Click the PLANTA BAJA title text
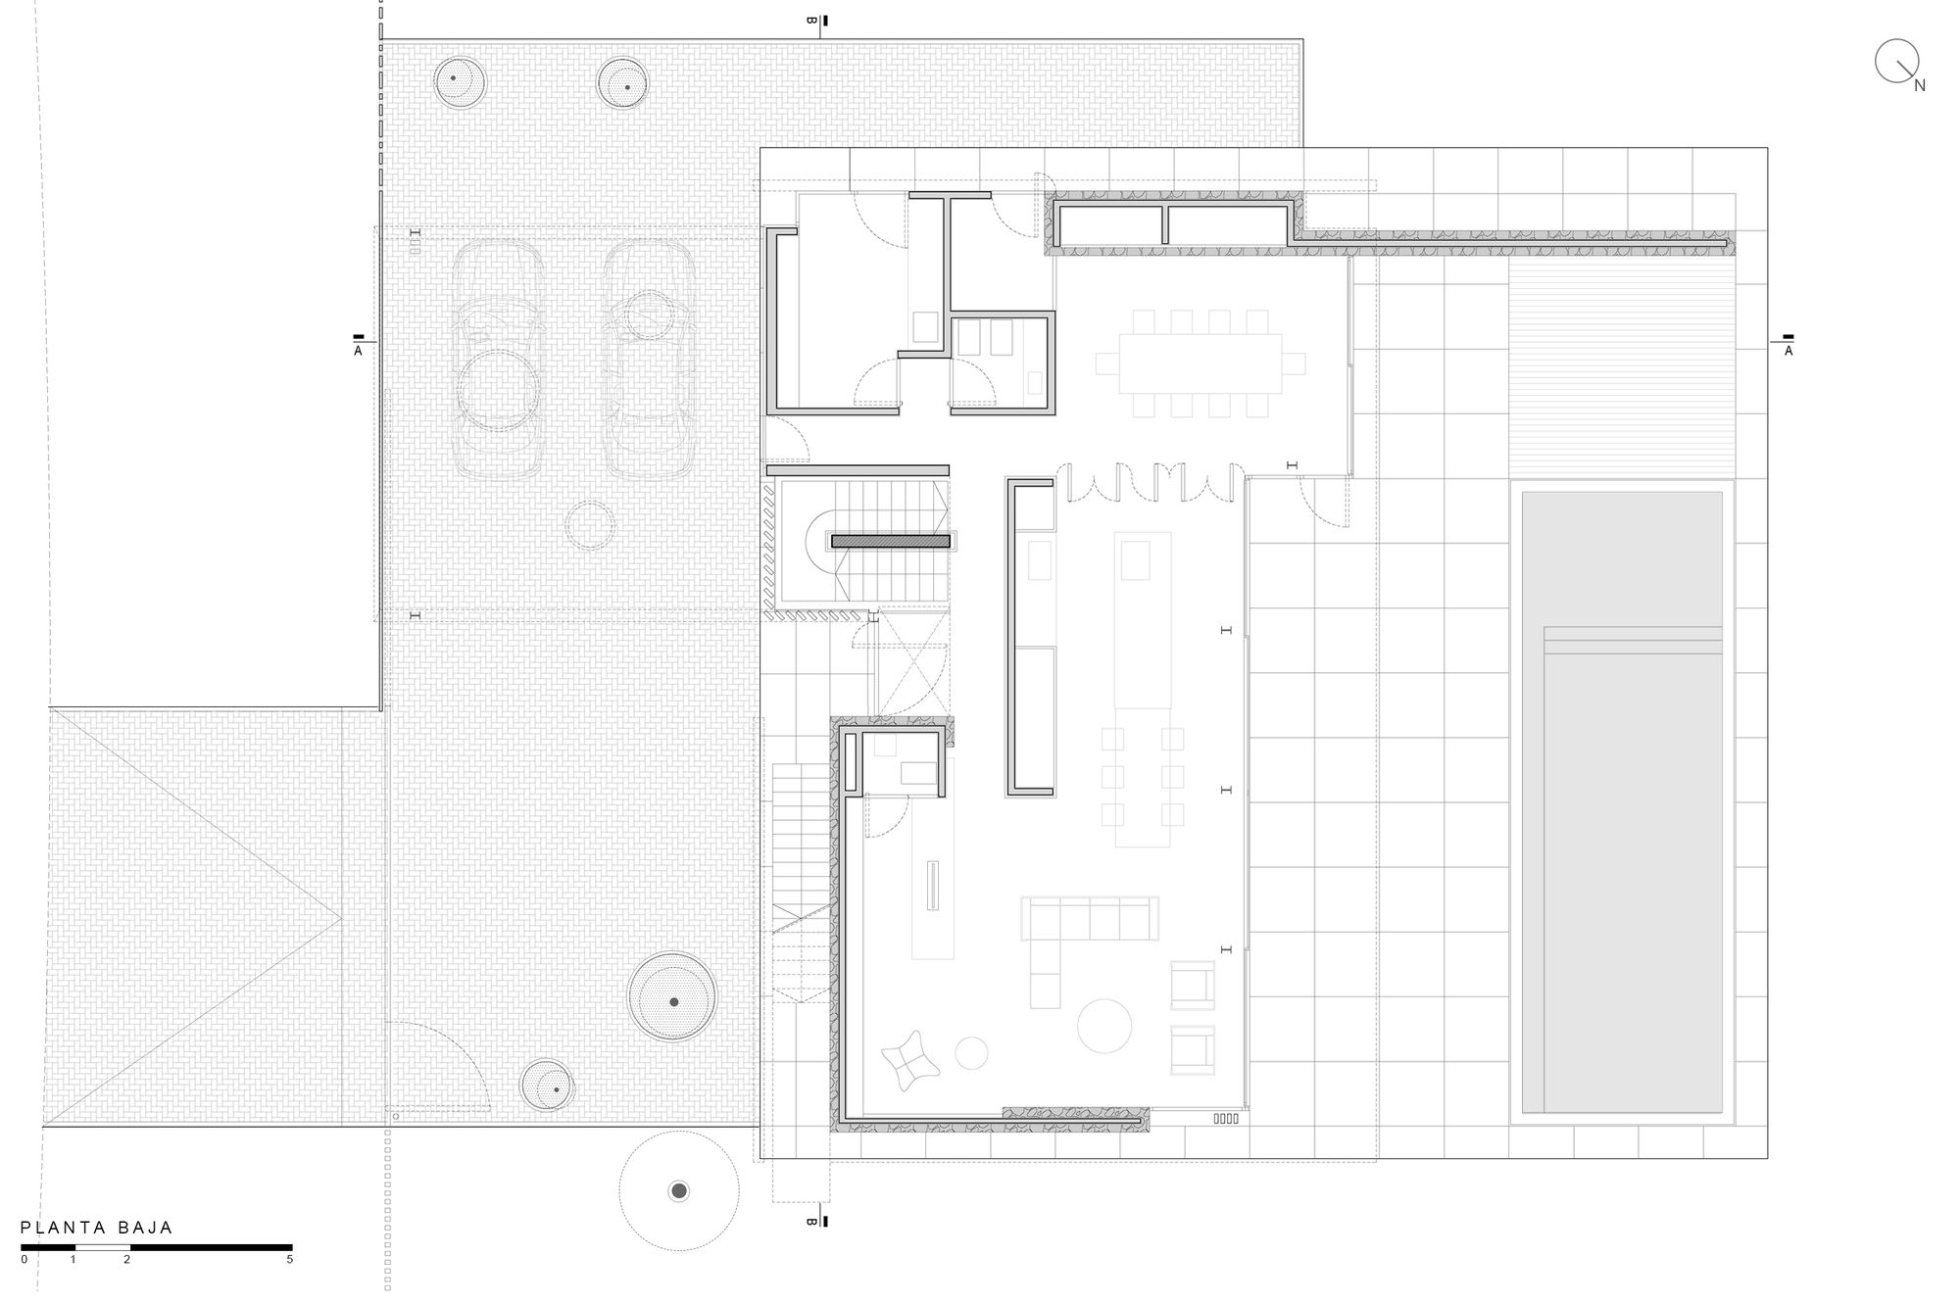97,1228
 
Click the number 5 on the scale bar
289,1260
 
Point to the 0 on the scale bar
24,1260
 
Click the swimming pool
1622,802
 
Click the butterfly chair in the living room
908,1061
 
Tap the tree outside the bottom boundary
678,1190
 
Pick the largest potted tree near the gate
673,1000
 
